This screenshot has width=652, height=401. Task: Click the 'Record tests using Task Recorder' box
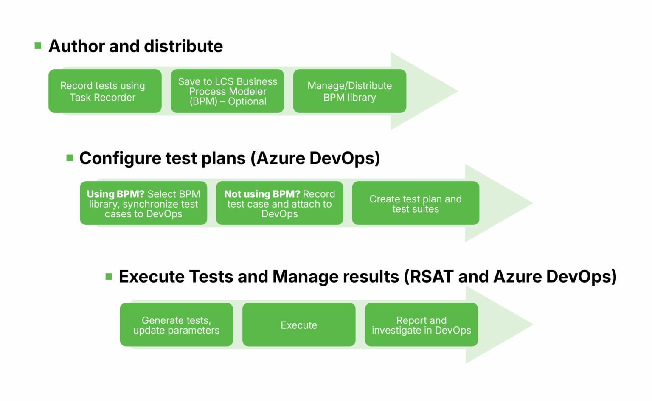tap(105, 91)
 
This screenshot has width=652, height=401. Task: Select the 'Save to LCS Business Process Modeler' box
tap(227, 91)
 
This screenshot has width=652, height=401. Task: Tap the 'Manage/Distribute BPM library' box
tap(349, 91)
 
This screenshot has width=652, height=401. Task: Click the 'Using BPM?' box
tap(143, 203)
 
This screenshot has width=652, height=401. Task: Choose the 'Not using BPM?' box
tap(279, 203)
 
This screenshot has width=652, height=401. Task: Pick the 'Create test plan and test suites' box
tap(416, 203)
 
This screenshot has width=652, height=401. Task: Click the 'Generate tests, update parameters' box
tap(176, 325)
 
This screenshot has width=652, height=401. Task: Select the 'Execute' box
tap(299, 325)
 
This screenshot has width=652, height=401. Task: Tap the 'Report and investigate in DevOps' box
tap(421, 325)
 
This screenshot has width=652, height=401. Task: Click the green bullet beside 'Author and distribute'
tap(38, 46)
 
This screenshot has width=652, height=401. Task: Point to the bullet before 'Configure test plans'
tap(70, 158)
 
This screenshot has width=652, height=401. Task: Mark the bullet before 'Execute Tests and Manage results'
tap(109, 277)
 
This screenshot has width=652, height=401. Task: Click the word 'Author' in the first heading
tap(76, 46)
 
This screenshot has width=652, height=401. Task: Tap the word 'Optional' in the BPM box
tap(247, 101)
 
